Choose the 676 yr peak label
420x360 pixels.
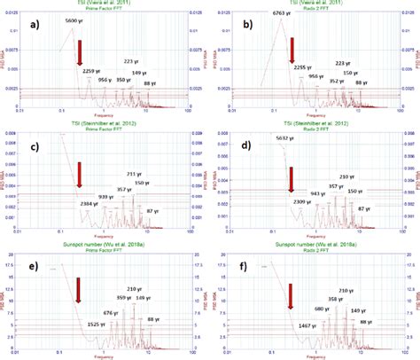pyautogui.click(x=111, y=312)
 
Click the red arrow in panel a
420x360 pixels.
pyautogui.click(x=79, y=54)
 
